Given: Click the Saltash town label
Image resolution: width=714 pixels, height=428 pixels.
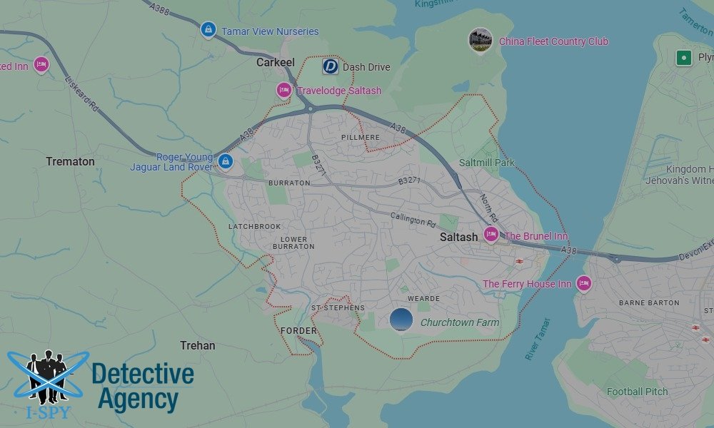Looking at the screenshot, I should click(458, 237).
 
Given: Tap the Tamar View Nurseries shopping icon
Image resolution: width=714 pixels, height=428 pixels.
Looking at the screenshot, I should click(208, 30).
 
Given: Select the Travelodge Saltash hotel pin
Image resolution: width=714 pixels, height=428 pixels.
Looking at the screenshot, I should click(283, 90).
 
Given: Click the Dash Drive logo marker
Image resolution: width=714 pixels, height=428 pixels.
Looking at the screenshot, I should click(330, 66).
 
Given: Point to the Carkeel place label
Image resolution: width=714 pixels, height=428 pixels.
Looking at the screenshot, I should click(276, 63).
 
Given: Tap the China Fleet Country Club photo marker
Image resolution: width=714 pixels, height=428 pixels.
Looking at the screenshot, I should click(480, 40).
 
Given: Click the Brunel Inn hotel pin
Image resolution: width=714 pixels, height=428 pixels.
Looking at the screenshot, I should click(491, 235).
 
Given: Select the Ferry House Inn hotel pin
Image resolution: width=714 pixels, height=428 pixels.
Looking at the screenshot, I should click(583, 283).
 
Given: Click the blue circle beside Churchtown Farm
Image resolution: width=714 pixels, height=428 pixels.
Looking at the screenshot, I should click(401, 320).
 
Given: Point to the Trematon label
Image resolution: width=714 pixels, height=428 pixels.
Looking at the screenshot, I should click(70, 161).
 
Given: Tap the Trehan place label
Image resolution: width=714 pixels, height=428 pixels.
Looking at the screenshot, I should click(198, 345).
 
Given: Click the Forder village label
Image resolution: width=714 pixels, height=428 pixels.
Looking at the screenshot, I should click(298, 330).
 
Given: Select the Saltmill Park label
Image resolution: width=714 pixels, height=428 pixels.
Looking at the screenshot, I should click(487, 163).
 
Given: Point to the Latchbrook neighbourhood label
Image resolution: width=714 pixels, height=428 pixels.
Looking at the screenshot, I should click(255, 226).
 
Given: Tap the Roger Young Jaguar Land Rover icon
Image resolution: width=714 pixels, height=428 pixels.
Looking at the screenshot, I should click(226, 161).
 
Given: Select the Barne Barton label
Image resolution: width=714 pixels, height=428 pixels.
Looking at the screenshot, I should click(649, 302).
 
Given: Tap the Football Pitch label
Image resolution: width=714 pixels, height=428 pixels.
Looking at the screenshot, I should click(637, 392).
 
